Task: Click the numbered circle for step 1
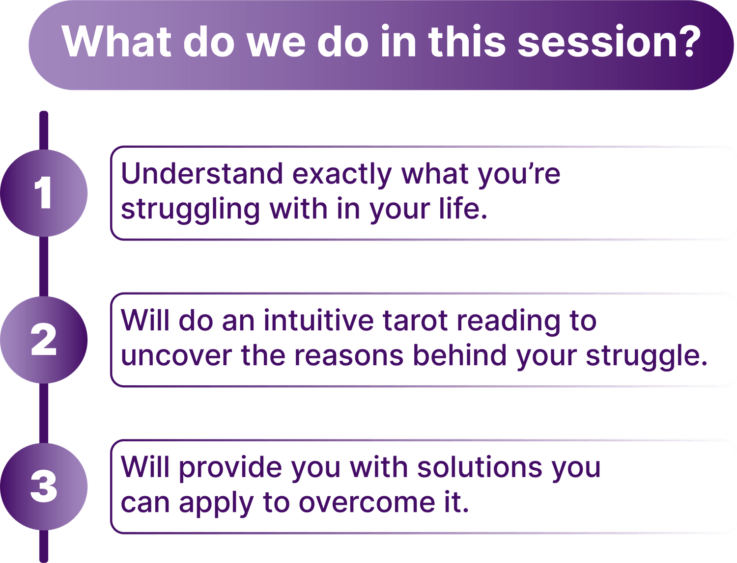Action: [x=44, y=193]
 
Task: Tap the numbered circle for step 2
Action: [x=44, y=340]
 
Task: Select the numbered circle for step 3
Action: [x=44, y=486]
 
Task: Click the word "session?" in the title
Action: [x=609, y=42]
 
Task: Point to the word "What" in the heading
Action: [x=117, y=42]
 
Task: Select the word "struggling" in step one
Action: [x=190, y=211]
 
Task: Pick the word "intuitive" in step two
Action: [x=318, y=321]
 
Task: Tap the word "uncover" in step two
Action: [x=176, y=356]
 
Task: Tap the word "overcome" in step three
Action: [x=367, y=503]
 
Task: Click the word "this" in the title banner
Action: [x=467, y=42]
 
